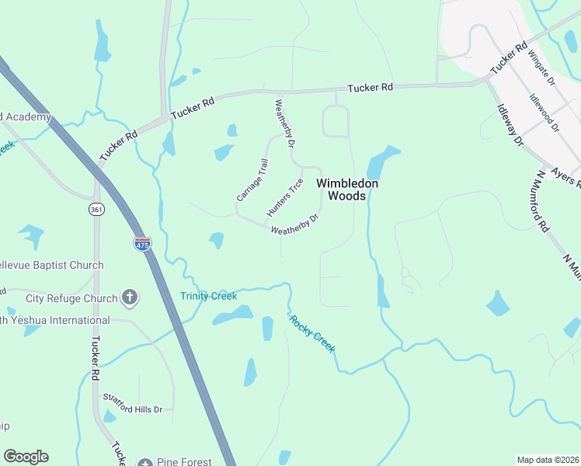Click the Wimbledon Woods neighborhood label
(x=347, y=190)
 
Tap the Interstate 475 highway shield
(x=142, y=244)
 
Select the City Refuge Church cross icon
(x=130, y=297)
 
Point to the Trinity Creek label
(x=208, y=296)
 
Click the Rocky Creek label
(x=312, y=334)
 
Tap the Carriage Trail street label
(x=252, y=181)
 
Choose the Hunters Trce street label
(x=284, y=197)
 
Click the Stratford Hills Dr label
(x=133, y=409)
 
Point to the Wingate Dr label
(x=542, y=67)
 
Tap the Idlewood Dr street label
(x=544, y=113)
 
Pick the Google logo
(x=26, y=457)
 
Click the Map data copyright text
(x=547, y=460)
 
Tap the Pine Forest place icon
(x=145, y=462)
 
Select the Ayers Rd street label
(x=565, y=176)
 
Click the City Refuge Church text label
(x=71, y=298)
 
